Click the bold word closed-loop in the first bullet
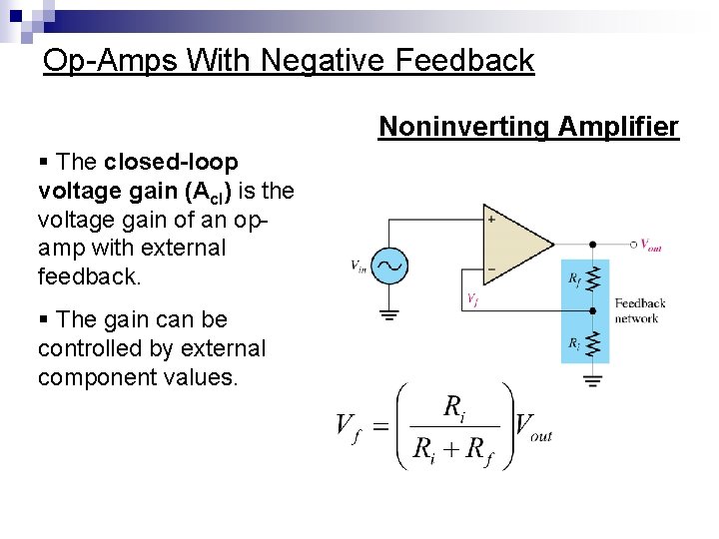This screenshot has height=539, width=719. click(x=171, y=162)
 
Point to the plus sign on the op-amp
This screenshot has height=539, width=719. click(x=491, y=219)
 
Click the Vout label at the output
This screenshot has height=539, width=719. click(x=650, y=245)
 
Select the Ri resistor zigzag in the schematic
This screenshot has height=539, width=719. click(x=593, y=343)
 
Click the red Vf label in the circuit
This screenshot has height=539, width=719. click(x=471, y=297)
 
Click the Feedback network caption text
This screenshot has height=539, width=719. click(x=639, y=310)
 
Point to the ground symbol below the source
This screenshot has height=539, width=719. click(x=389, y=315)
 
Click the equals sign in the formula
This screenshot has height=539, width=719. click(x=380, y=427)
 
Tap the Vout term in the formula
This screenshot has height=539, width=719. click(x=533, y=428)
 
